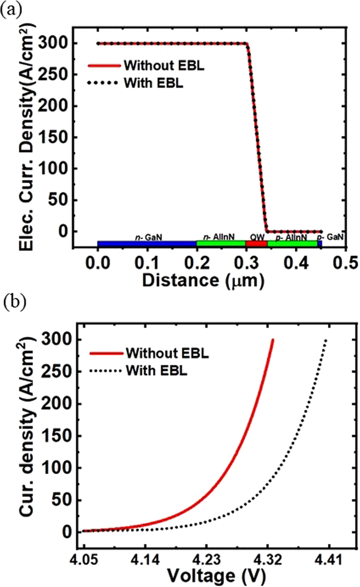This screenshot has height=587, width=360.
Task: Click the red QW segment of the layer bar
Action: click(256, 244)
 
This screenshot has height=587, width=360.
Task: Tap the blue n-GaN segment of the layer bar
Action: click(147, 244)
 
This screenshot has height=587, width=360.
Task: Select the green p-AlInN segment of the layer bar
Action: click(292, 244)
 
